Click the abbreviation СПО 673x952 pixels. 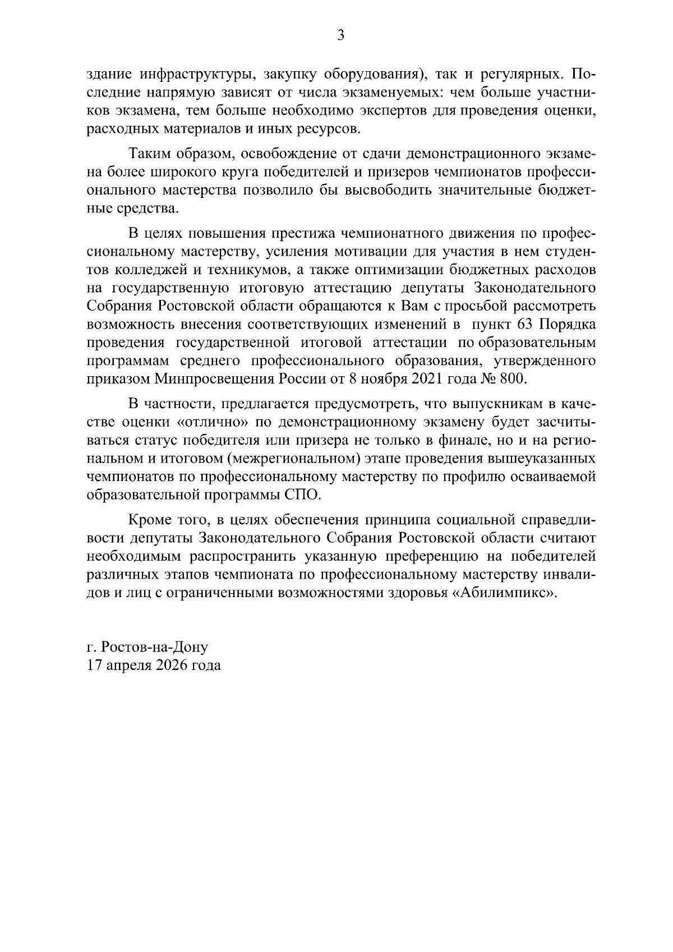coord(302,495)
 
